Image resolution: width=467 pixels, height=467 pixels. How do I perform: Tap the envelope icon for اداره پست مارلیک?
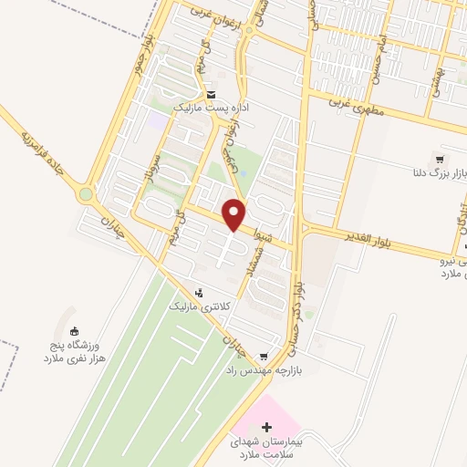[x=212, y=93]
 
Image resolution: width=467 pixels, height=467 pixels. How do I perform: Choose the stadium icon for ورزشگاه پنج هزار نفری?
[x=75, y=332]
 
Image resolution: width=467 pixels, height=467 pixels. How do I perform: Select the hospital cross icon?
[x=266, y=427]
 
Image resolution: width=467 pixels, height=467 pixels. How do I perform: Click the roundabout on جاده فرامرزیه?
[x=87, y=194]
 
